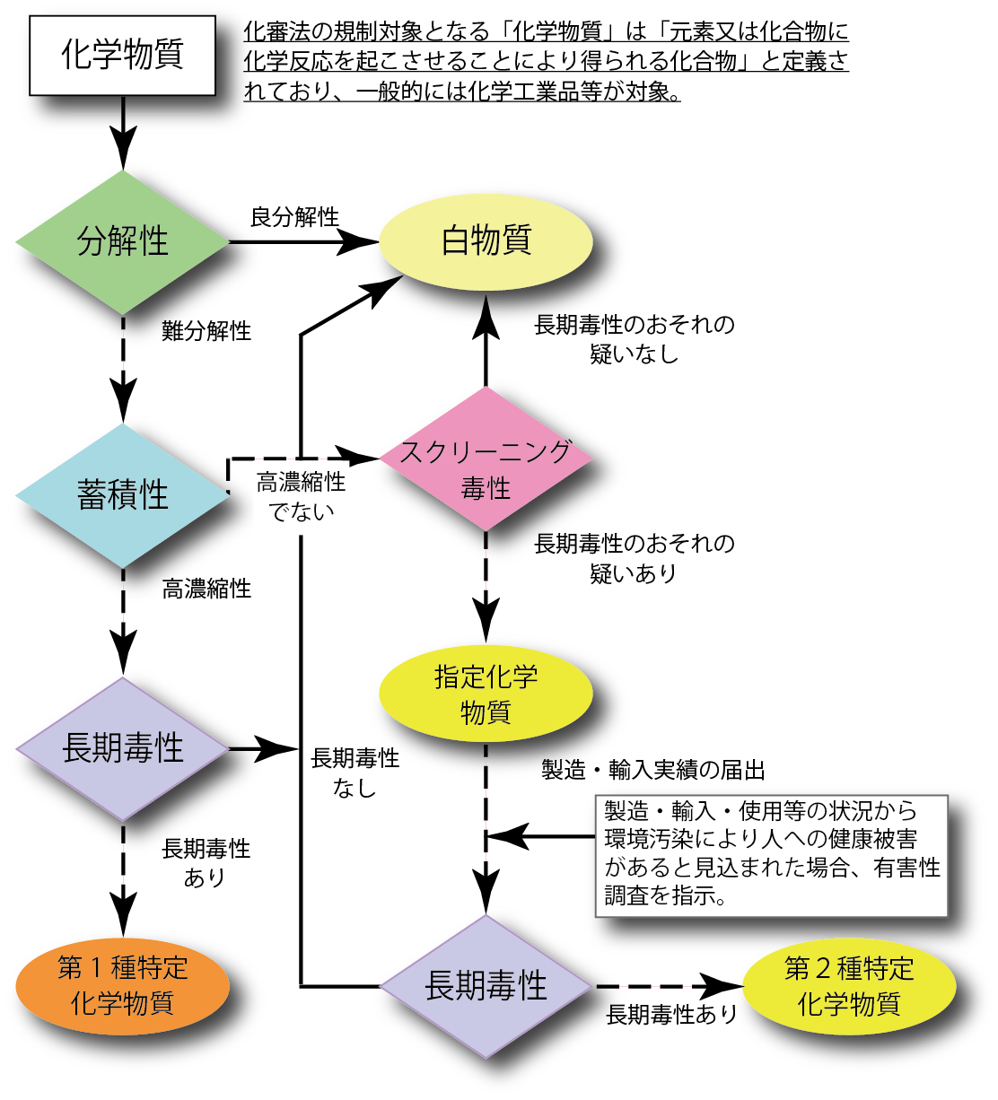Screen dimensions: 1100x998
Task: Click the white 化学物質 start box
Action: (122, 55)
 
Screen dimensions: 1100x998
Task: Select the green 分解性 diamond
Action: (122, 240)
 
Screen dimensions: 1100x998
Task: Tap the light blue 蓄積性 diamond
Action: (122, 494)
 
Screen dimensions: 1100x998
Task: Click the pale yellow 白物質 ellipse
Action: (486, 240)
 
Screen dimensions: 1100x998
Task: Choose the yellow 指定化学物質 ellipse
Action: (486, 694)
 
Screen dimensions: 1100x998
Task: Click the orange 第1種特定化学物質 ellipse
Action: (122, 984)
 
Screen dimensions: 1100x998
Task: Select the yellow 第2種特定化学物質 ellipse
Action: (848, 985)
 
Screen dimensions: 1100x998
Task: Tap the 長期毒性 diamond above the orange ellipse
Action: (122, 747)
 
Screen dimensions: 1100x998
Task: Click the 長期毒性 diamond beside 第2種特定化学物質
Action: (486, 985)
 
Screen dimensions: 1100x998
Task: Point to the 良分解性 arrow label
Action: (294, 217)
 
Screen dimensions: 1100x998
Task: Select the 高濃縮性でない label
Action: (301, 496)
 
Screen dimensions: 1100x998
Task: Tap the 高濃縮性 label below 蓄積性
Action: (207, 589)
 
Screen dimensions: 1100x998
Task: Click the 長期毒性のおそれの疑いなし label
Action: (635, 338)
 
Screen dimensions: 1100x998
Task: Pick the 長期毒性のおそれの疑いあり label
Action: (635, 557)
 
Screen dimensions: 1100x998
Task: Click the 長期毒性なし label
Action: (355, 773)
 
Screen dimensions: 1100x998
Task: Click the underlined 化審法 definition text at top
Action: (547, 61)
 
